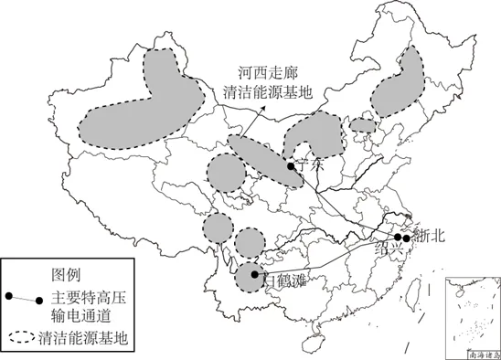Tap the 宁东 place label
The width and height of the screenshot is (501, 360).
[x=311, y=165]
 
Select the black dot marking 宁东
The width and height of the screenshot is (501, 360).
[x=290, y=167]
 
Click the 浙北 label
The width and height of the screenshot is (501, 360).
[x=427, y=235]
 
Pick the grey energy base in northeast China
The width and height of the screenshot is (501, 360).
[x=400, y=82]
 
